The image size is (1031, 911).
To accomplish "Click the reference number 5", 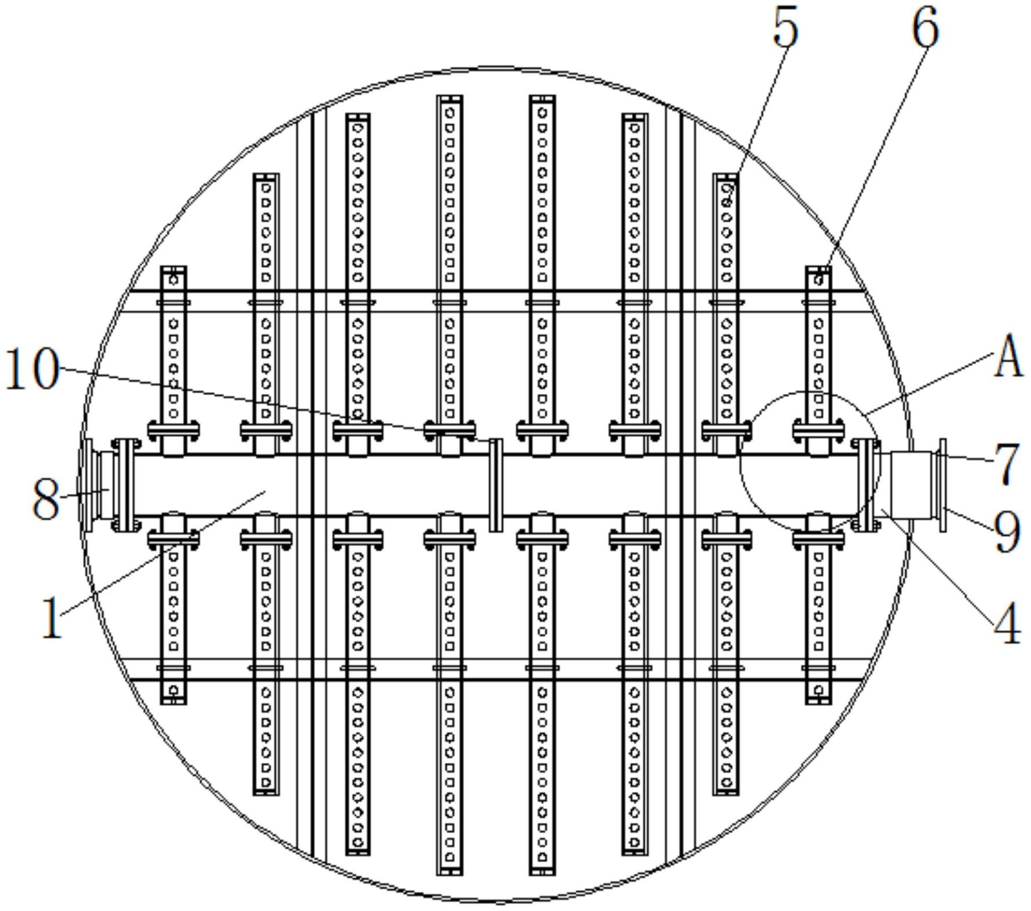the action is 786,28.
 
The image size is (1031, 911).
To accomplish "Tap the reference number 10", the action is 33,369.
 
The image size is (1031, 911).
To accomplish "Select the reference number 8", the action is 45,500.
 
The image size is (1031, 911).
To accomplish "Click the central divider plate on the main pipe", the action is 495,485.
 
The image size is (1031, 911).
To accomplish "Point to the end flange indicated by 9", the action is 942,485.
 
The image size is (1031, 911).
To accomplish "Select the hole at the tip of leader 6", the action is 819,280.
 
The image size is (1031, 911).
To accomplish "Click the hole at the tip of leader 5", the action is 726,202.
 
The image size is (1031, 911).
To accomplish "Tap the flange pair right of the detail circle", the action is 865,485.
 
